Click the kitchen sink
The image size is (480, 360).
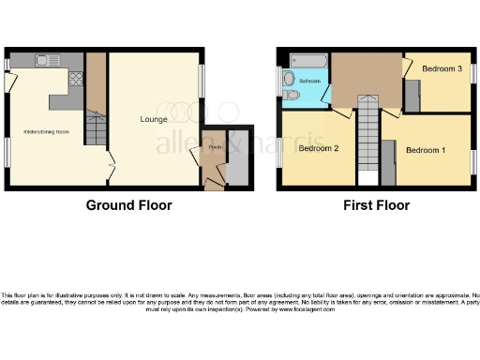(45, 61)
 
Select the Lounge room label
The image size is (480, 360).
(153, 119)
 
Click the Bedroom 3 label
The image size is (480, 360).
(441, 69)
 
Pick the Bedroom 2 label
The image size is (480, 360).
(318, 148)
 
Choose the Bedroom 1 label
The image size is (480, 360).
(425, 148)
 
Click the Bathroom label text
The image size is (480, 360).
(311, 82)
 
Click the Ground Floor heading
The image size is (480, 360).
(129, 205)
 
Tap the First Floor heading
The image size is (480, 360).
(375, 205)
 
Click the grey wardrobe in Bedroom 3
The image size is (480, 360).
(412, 97)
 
